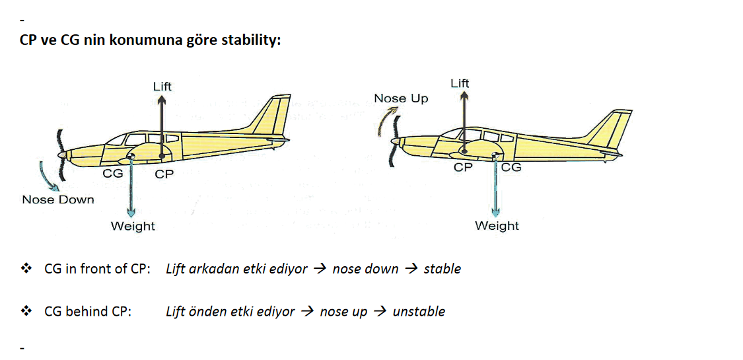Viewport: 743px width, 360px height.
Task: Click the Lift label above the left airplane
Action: (x=162, y=87)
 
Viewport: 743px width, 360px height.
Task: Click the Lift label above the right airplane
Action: (x=460, y=84)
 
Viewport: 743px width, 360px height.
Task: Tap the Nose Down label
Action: (x=58, y=199)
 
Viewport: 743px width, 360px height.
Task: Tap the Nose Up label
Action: (x=401, y=99)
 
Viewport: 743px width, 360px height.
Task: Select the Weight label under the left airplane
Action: (x=133, y=226)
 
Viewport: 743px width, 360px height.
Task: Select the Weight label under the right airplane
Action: (x=497, y=225)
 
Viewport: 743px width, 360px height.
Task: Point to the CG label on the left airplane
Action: (x=113, y=173)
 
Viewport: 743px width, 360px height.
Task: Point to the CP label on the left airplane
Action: (x=164, y=174)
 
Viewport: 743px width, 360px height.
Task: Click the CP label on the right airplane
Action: (x=463, y=167)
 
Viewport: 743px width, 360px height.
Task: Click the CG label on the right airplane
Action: (x=511, y=167)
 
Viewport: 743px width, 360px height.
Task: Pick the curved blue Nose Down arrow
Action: (x=48, y=177)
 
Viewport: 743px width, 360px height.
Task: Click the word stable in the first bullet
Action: (x=442, y=269)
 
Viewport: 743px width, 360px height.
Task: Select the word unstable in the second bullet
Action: (x=419, y=312)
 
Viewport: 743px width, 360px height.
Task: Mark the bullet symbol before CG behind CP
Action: (x=25, y=311)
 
